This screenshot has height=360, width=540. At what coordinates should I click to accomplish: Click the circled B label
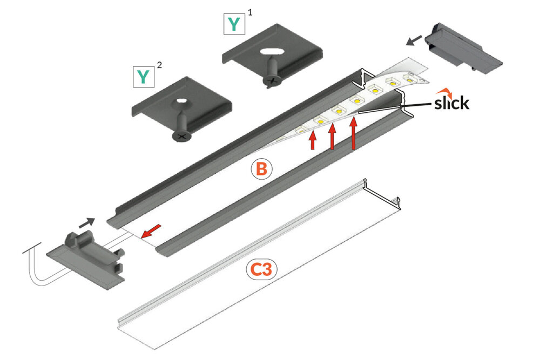pos(261,169)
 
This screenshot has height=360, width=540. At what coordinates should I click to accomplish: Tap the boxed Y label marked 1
pos(233,25)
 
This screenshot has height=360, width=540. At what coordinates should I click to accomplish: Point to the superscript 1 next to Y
pos(249,12)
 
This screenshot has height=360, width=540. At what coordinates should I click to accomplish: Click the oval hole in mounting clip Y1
pos(271,52)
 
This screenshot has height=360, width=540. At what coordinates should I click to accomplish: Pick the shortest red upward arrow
pos(312,141)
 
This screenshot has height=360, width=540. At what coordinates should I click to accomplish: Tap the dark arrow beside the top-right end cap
pos(413,40)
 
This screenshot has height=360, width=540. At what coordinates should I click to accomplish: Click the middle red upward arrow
pos(333,137)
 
